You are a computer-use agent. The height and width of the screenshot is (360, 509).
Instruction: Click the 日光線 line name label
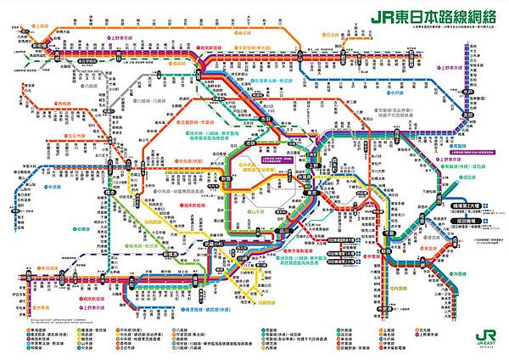click(333, 37)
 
